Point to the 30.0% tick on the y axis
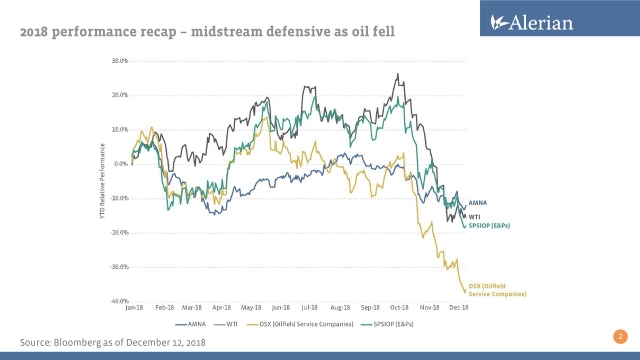120,60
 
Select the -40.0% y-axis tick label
119,301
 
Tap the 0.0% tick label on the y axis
121,163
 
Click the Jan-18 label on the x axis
133,308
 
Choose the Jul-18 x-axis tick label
310,308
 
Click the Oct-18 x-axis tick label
399,308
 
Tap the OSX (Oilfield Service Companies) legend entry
302,323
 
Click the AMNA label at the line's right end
478,203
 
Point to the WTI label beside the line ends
476,215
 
